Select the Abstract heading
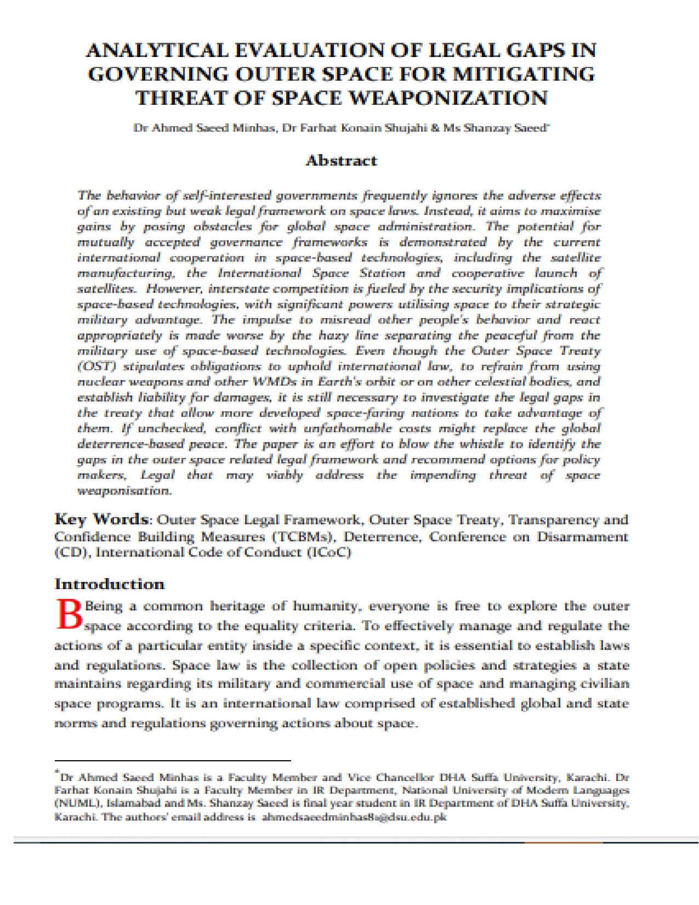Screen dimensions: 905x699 coord(341,161)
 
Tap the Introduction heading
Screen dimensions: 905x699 coord(110,584)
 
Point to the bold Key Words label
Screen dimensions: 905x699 coord(101,519)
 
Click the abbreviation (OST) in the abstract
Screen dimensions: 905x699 coord(96,366)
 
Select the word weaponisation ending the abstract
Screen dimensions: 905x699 coord(124,490)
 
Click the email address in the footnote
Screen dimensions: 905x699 coord(354,817)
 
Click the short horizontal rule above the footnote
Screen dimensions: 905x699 coord(172,761)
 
